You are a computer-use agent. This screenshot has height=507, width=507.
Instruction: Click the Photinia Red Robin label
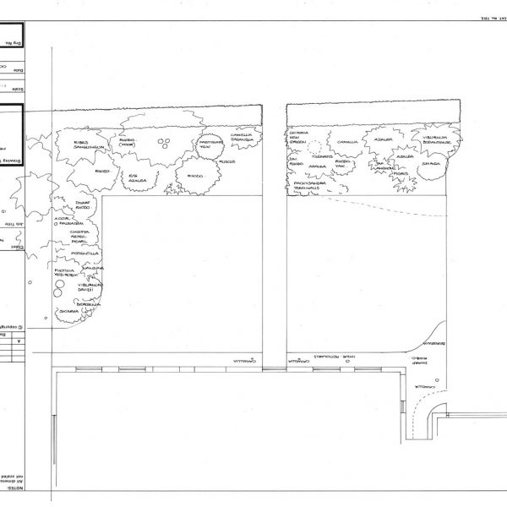(67, 272)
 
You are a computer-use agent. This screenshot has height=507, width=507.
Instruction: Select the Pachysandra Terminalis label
(311, 185)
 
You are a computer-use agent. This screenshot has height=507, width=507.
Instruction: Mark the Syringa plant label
(431, 166)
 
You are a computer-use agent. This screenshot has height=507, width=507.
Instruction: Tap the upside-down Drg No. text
(12, 40)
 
